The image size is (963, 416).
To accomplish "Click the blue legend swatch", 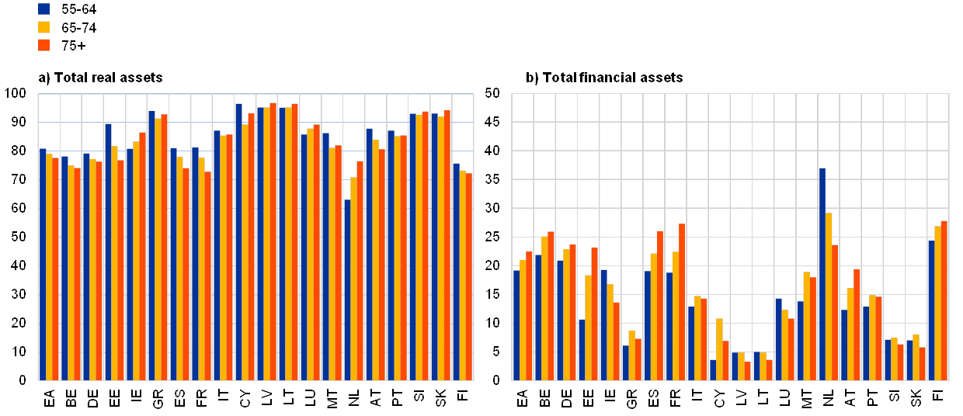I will tap(44, 9).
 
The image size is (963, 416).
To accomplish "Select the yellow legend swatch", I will tap(44, 27).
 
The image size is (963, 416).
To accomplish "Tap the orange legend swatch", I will tap(44, 45).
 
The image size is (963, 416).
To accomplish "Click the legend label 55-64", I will tap(78, 9).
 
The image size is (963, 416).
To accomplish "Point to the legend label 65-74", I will tap(78, 27).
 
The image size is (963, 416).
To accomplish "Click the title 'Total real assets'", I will tap(101, 78).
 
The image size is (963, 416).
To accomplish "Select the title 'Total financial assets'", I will tap(606, 78).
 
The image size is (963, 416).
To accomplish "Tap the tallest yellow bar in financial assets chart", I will tap(829, 296).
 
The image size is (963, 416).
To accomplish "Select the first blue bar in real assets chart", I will tap(43, 264).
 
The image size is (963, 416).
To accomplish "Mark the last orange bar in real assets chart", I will tap(469, 276).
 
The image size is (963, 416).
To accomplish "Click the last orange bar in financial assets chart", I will tap(944, 300).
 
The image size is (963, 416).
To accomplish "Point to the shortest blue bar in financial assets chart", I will tap(712, 369).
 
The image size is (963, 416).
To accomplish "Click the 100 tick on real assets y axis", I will tap(20, 93).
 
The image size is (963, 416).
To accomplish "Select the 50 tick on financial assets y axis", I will tap(492, 93).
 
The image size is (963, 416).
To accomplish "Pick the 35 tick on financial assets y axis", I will tap(492, 179).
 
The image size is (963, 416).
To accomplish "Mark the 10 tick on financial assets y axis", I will tap(492, 322).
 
